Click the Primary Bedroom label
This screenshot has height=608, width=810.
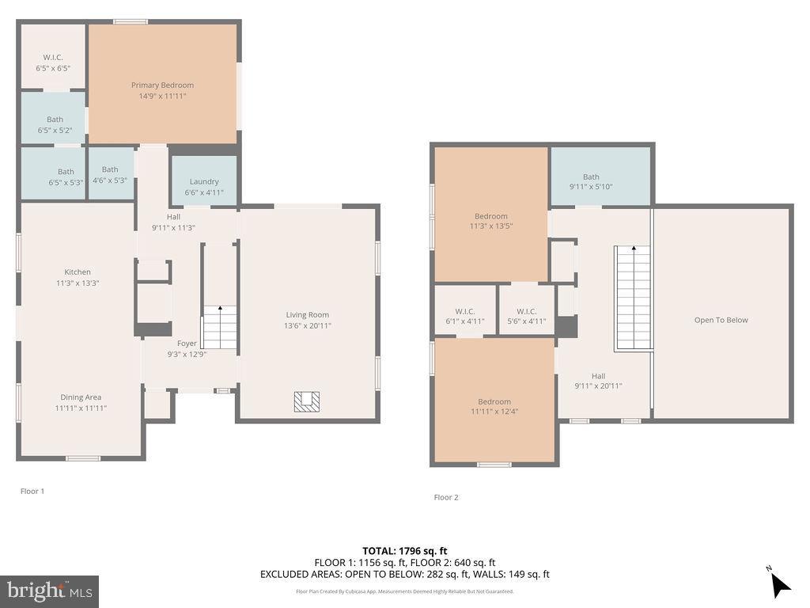(x=162, y=85)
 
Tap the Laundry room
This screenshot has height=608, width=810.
(x=204, y=180)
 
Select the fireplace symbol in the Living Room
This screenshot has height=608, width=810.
(x=307, y=401)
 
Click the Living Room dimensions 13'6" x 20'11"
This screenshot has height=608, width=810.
(x=308, y=325)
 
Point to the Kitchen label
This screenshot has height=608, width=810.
(x=78, y=272)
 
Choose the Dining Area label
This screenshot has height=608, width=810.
(x=81, y=397)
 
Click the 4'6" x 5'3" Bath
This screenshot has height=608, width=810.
(x=111, y=173)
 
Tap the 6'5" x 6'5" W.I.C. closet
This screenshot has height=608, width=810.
(x=53, y=56)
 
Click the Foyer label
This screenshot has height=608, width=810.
(x=187, y=344)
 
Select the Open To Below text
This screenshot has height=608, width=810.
(x=721, y=320)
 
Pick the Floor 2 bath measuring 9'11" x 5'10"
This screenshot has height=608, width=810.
(x=600, y=177)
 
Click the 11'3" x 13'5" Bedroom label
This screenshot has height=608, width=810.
(x=490, y=216)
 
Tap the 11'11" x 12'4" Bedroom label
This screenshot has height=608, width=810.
(x=494, y=401)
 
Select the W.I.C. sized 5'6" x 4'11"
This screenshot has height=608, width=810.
(x=526, y=310)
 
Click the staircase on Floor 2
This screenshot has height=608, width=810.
(x=632, y=298)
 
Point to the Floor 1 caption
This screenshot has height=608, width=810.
(x=32, y=491)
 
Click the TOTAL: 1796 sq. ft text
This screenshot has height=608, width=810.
(x=405, y=551)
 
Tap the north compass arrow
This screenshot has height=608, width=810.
(x=780, y=585)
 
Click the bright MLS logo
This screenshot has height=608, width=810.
(x=50, y=591)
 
